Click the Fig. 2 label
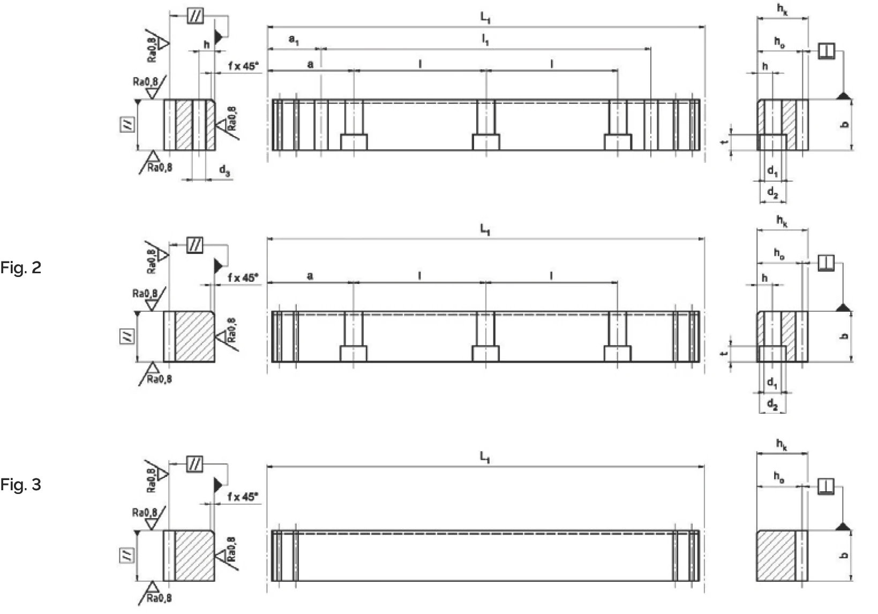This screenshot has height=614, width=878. point(20,267)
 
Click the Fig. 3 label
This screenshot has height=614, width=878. point(20,485)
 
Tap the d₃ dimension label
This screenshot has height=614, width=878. point(224,171)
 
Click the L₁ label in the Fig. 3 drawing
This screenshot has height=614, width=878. point(485,457)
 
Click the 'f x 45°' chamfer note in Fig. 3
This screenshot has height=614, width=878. point(243,497)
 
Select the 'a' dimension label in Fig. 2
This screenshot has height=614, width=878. point(310,276)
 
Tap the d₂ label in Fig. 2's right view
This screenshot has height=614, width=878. point(772,405)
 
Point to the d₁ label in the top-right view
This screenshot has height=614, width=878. point(772,171)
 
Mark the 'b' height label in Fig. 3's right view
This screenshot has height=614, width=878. point(845,556)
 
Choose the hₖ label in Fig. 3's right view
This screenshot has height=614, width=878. point(782,444)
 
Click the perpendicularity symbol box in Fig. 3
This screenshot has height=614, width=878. point(826,486)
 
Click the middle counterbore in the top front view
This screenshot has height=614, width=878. point(486,142)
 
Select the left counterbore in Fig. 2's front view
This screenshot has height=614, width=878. point(354,354)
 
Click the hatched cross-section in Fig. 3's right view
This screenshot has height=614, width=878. point(775,556)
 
